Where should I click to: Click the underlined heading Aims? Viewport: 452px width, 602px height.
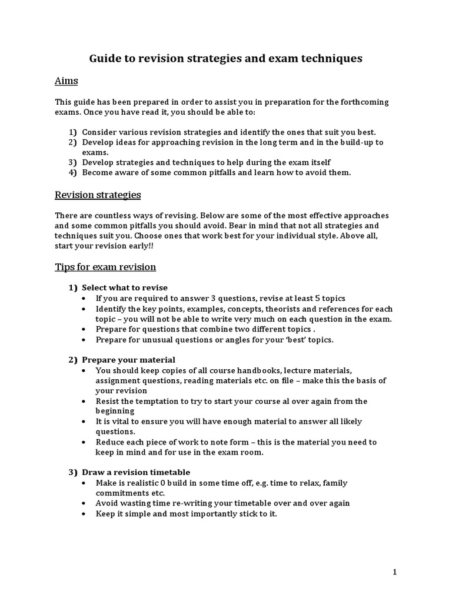(x=67, y=81)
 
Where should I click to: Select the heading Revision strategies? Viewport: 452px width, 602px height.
(x=98, y=195)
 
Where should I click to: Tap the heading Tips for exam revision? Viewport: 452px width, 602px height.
(x=105, y=267)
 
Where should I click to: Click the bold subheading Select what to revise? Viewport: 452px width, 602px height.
(x=124, y=287)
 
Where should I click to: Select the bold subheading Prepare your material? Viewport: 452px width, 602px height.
(x=128, y=359)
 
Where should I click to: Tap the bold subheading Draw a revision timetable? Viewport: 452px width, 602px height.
(x=136, y=472)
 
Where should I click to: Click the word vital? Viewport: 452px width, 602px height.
(x=121, y=422)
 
